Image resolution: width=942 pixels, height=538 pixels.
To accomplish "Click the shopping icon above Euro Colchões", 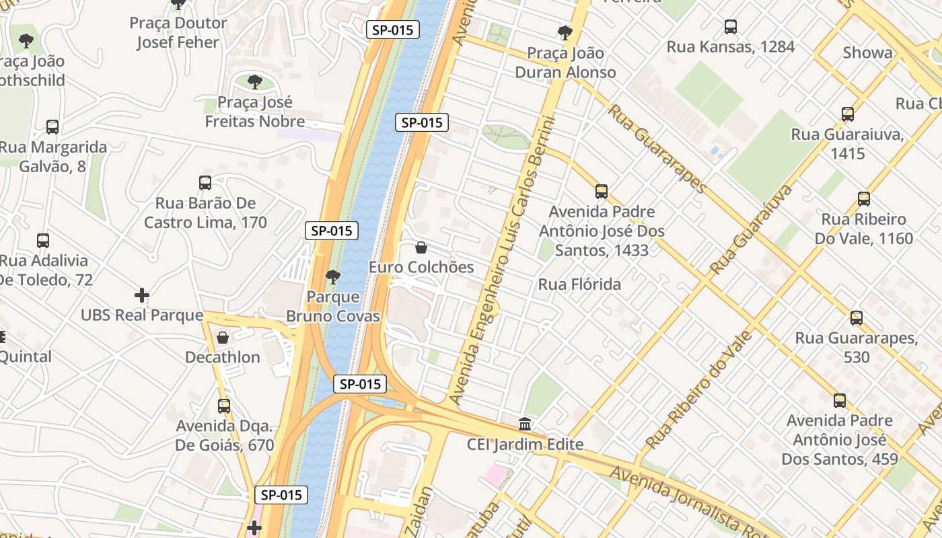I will pos(421,247).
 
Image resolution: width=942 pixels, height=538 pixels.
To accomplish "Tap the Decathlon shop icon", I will pos(223,338).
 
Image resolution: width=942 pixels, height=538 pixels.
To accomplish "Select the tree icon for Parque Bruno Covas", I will pos(332,276).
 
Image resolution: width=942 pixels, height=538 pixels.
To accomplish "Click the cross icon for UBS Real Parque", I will pos(142,295).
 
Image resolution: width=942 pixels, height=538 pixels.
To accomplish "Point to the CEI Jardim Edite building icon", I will pos(525,424).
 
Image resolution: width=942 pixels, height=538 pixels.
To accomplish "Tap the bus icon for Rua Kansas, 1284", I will pos(730,27).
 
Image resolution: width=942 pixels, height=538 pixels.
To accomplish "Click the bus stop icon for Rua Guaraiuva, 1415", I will pos(847,114).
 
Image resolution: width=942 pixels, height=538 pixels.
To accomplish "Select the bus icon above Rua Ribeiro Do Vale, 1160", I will pos(864,199).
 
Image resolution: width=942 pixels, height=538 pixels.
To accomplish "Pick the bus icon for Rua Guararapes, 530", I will pos(856,317).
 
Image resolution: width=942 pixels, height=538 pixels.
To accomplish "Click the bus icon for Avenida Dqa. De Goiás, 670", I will pos(224,406).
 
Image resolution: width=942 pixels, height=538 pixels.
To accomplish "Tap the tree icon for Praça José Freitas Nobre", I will pos(254,82).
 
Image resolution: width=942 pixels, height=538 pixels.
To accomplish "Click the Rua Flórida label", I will pos(579,284).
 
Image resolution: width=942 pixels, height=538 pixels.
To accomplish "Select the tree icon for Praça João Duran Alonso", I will pos(565,32).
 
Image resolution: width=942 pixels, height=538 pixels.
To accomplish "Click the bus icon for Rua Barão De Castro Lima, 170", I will pos(205,183).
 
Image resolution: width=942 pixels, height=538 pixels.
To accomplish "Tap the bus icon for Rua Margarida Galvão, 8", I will pos(52,127).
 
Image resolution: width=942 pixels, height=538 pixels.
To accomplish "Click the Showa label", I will pos(867,52).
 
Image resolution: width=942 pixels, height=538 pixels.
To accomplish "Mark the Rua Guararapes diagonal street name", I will pos(656,148).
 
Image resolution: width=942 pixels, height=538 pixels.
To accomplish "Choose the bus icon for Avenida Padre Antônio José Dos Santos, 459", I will pos(839,401).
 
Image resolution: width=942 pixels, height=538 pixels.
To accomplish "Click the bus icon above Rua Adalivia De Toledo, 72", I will pos(43,241).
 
